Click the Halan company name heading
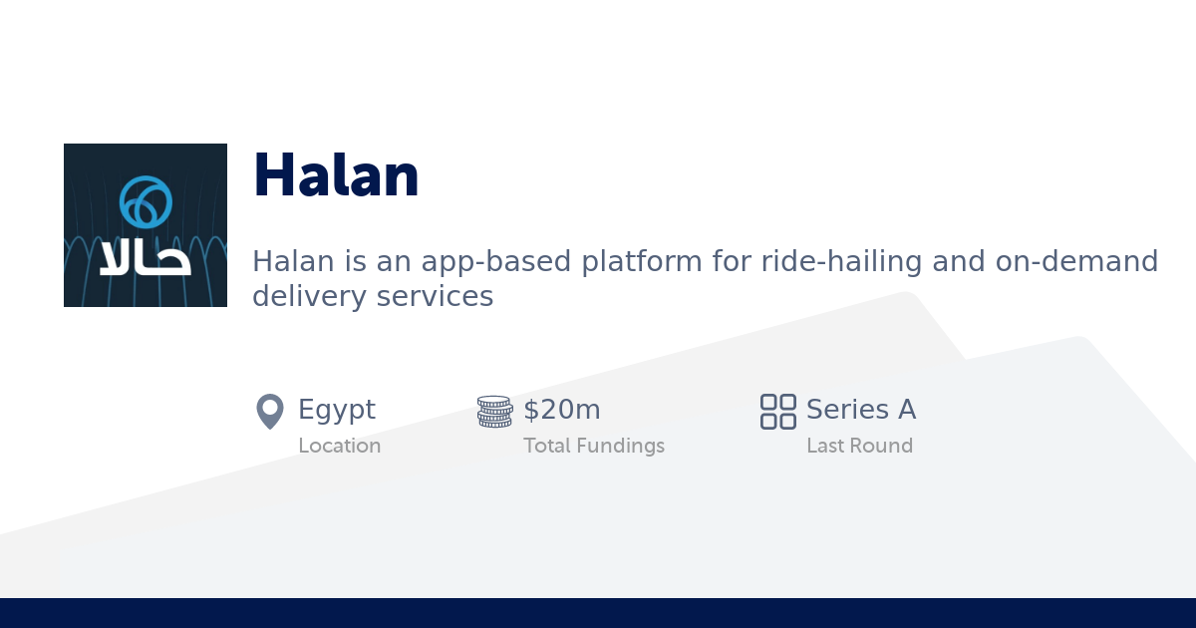pyautogui.click(x=336, y=176)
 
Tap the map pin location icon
pyautogui.click(x=270, y=411)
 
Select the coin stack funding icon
pyautogui.click(x=494, y=411)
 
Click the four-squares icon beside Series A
pyautogui.click(x=777, y=411)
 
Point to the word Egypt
pyautogui.click(x=337, y=410)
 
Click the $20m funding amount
pyautogui.click(x=562, y=410)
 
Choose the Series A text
pyautogui.click(x=861, y=410)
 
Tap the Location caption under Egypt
pyautogui.click(x=339, y=446)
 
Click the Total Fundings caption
pyautogui.click(x=594, y=446)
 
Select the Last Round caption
pyautogui.click(x=859, y=446)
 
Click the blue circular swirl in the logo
pyautogui.click(x=146, y=202)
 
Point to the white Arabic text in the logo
pyautogui.click(x=146, y=258)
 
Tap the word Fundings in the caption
pyautogui.click(x=623, y=446)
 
